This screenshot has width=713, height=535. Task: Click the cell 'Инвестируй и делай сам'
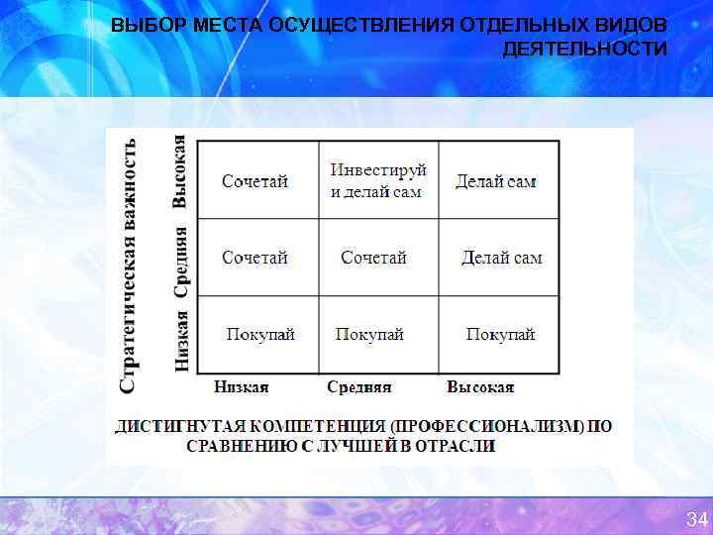377,180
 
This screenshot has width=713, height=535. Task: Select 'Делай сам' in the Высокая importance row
496,181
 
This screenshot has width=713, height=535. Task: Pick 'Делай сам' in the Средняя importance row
501,258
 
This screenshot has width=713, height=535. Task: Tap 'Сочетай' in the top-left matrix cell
255,181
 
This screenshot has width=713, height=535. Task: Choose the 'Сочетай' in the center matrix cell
373,258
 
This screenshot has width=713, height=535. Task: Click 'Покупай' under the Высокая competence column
500,335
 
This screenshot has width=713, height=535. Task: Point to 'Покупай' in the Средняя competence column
369,335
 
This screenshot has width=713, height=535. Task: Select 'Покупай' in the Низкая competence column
260,335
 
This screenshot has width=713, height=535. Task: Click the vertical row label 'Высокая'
180,170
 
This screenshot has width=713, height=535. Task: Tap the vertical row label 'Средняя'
181,261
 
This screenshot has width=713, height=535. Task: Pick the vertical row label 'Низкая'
181,340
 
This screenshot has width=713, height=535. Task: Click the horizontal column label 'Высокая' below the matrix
480,387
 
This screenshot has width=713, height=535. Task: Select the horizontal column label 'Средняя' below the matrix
359,387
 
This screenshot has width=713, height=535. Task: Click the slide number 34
696,519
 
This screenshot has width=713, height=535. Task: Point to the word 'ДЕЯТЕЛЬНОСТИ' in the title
584,49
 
